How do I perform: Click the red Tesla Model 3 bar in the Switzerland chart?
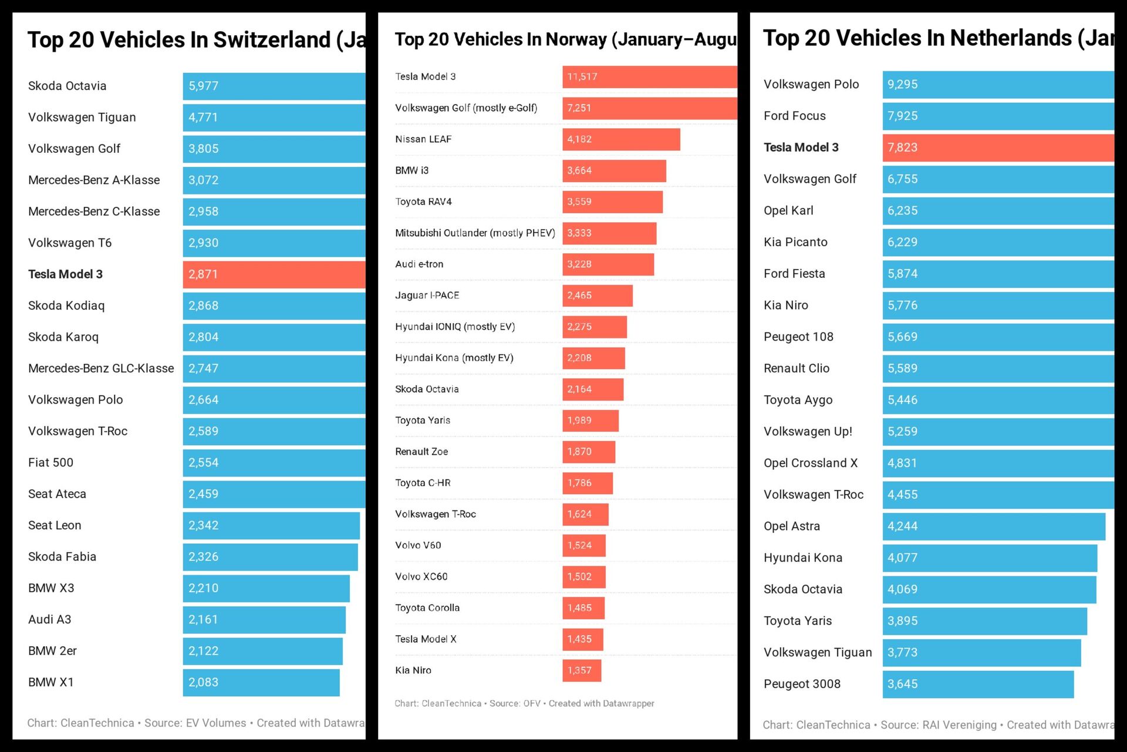point(274,274)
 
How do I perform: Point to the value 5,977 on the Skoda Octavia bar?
point(203,86)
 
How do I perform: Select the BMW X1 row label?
point(51,682)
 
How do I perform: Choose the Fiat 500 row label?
point(51,462)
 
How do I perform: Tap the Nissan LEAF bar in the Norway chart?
point(621,139)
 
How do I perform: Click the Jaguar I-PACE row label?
point(427,295)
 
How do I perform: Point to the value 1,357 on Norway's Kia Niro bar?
point(579,670)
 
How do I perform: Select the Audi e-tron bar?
point(608,264)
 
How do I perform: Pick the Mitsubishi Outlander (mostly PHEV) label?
point(475,233)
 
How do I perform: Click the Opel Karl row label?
point(788,210)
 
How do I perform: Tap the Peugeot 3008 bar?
point(978,684)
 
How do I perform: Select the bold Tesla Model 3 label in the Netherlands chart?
point(801,147)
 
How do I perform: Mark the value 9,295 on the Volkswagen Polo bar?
point(902,84)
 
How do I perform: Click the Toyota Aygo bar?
point(998,400)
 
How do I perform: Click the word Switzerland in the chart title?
point(272,40)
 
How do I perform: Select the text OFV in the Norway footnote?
point(532,703)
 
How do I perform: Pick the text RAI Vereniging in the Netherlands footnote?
point(959,725)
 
